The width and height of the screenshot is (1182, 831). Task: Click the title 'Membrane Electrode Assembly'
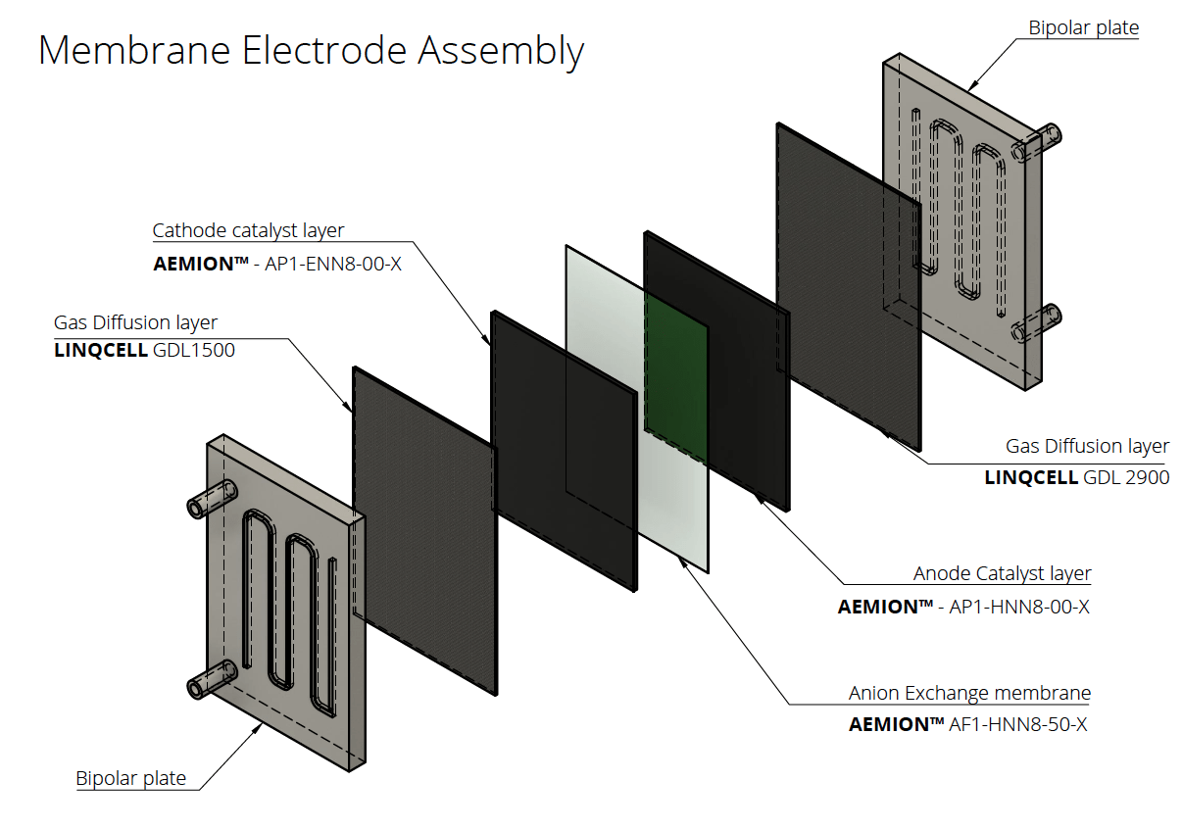pos(311,50)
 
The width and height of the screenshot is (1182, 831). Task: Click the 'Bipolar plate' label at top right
pos(1083,27)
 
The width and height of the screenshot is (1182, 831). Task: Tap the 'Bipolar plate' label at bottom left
pos(130,778)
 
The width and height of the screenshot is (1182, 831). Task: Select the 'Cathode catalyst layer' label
pos(248,231)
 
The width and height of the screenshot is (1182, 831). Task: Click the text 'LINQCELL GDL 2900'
pos(1076,477)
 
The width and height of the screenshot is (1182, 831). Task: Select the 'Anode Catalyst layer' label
pos(1002,573)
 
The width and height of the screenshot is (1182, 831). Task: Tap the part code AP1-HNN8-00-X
pos(1018,607)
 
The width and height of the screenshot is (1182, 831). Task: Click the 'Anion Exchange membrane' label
pos(969,693)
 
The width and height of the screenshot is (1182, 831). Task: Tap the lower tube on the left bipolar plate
pos(212,679)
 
